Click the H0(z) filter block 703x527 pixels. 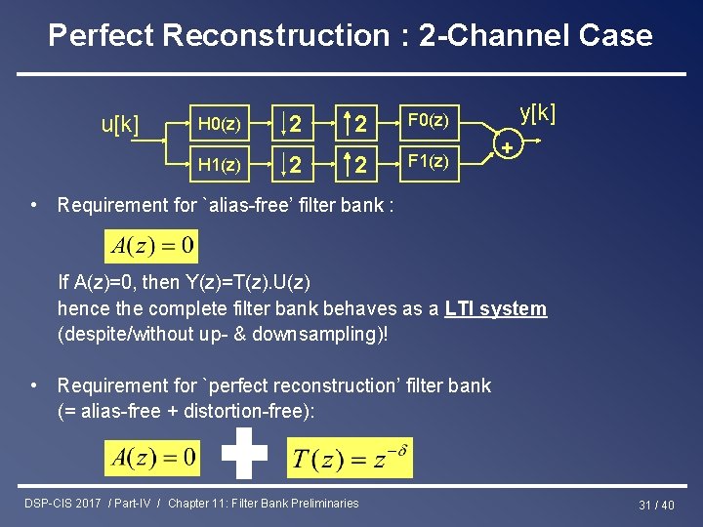point(220,124)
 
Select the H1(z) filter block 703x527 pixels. point(220,165)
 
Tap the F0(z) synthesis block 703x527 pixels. point(428,121)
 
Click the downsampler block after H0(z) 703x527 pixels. point(292,124)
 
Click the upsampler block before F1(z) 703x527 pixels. point(358,165)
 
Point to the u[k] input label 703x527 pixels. point(120,125)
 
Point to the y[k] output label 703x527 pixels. point(538,112)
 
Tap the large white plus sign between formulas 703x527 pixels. point(243,454)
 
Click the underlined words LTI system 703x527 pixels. point(495,309)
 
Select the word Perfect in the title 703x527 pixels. point(102,36)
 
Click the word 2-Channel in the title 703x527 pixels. point(482,36)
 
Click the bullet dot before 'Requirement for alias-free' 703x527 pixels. point(34,205)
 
